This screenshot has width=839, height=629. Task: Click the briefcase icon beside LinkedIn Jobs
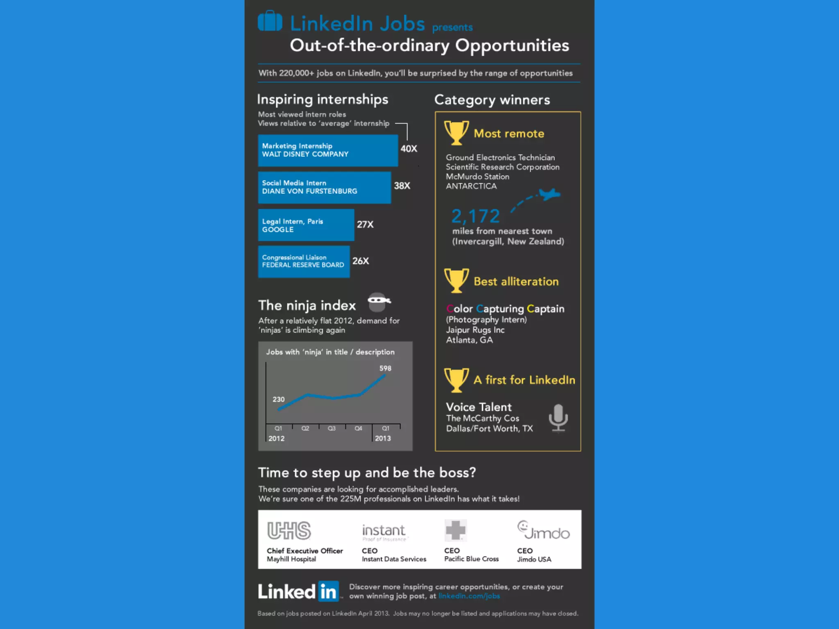point(270,21)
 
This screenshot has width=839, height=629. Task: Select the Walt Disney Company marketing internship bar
point(328,150)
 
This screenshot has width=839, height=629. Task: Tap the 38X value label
point(402,186)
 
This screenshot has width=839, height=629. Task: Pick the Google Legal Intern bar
point(306,225)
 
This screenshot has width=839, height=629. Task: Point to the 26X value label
point(361,261)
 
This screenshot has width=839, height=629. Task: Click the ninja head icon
point(378,302)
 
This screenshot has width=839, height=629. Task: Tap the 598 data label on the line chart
point(385,368)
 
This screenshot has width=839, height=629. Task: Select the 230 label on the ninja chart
point(279,399)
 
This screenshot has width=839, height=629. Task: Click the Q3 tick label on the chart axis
point(331,428)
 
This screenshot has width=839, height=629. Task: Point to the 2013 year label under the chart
point(383,439)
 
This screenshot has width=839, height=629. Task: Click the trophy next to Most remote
point(456,133)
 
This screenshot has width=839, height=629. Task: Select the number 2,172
point(476,216)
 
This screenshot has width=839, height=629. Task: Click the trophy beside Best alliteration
point(456,281)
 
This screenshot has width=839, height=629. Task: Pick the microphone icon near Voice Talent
point(558,418)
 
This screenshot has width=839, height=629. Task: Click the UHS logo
point(289,531)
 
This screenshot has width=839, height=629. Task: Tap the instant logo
point(384,532)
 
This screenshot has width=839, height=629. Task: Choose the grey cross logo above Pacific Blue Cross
point(456,531)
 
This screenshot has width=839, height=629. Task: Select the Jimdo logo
point(543,531)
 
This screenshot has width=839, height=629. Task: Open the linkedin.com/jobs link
point(469,596)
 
